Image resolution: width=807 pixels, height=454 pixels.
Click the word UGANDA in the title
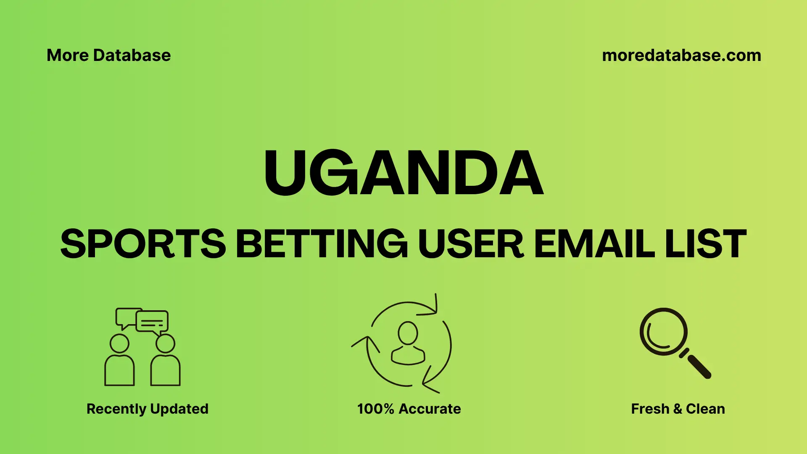click(x=403, y=173)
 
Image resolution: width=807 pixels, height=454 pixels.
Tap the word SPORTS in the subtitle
click(x=143, y=243)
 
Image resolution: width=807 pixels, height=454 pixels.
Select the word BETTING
click(x=322, y=243)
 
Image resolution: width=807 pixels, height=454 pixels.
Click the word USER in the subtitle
click(x=471, y=243)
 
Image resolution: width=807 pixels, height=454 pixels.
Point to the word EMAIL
click(x=594, y=243)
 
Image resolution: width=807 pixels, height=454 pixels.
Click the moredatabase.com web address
click(x=681, y=55)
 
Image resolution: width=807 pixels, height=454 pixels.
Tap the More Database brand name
click(x=108, y=55)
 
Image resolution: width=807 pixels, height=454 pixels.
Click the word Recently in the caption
click(x=116, y=409)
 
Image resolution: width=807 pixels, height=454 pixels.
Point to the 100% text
click(x=375, y=409)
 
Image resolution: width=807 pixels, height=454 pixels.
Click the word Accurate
click(x=430, y=409)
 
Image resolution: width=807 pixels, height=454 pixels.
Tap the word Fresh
click(x=650, y=409)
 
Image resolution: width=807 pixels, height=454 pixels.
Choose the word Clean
click(x=705, y=409)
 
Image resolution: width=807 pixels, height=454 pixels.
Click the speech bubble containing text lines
click(x=152, y=322)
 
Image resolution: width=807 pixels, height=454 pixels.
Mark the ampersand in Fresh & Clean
click(x=678, y=409)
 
